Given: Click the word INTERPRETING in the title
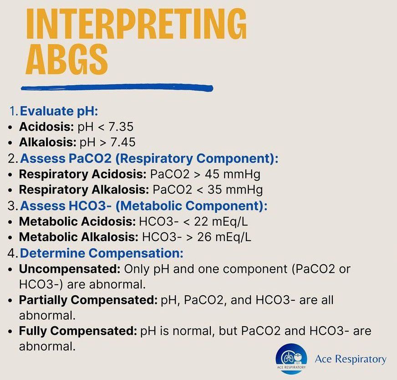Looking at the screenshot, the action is [x=137, y=24].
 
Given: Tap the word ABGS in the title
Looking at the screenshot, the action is [x=67, y=59].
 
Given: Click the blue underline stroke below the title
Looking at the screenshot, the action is [x=117, y=88].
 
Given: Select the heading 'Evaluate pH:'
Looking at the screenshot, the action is [x=59, y=111].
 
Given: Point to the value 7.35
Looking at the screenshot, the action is [x=121, y=127].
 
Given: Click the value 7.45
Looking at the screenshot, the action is [x=123, y=142].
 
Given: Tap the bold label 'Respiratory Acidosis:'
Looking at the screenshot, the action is [x=83, y=175].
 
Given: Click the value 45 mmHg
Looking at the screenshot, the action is [x=233, y=175].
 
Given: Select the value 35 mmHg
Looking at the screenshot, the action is [x=235, y=190].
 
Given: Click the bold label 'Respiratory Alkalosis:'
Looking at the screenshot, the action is [x=84, y=190].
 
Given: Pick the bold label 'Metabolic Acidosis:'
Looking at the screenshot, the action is [x=77, y=221].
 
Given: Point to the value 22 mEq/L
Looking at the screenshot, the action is [x=221, y=221].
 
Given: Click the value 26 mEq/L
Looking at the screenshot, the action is [x=224, y=237].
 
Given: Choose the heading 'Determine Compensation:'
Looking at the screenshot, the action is [x=102, y=253].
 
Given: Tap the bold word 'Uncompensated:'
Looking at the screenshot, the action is [x=70, y=269].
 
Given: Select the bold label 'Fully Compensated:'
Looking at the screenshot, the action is [x=78, y=331].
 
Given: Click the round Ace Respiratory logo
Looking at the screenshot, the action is [x=291, y=359].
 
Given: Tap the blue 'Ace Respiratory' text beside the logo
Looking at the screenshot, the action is [x=351, y=359].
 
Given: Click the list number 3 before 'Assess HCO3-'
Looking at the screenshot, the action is [x=12, y=205].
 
